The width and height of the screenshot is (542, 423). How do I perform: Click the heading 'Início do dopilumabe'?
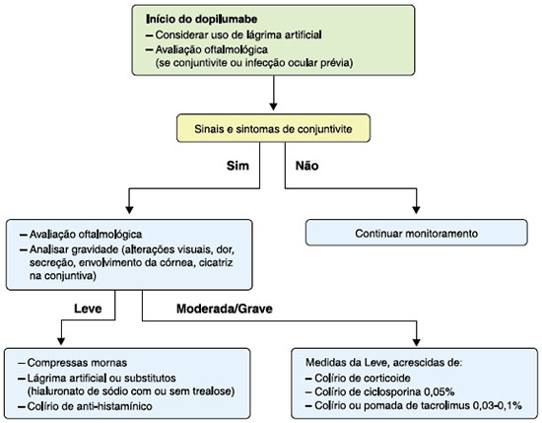coord(201,19)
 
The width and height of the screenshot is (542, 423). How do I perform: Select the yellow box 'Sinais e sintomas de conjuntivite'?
coord(273,128)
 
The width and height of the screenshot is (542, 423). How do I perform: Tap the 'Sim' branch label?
coord(237,166)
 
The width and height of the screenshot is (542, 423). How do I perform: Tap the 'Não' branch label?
coord(306,166)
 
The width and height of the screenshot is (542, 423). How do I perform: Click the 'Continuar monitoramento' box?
coord(417,233)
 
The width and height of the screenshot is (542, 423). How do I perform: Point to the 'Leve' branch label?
coord(88,309)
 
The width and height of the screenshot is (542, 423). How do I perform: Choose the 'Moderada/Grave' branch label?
coord(225,309)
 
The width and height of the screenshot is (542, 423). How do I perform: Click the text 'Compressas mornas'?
coord(77,363)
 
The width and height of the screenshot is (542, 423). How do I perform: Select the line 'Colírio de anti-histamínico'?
coord(90,405)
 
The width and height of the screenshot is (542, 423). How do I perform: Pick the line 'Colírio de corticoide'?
coord(363,378)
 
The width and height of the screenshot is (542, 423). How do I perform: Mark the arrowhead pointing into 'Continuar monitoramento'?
coord(416,210)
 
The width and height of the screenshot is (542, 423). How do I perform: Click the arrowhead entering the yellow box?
coord(273,106)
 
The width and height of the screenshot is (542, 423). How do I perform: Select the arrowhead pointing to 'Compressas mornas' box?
coord(61,340)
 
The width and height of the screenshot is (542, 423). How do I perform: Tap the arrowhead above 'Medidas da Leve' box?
coord(416,341)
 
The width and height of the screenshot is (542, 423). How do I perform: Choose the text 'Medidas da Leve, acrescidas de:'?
coord(384,363)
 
